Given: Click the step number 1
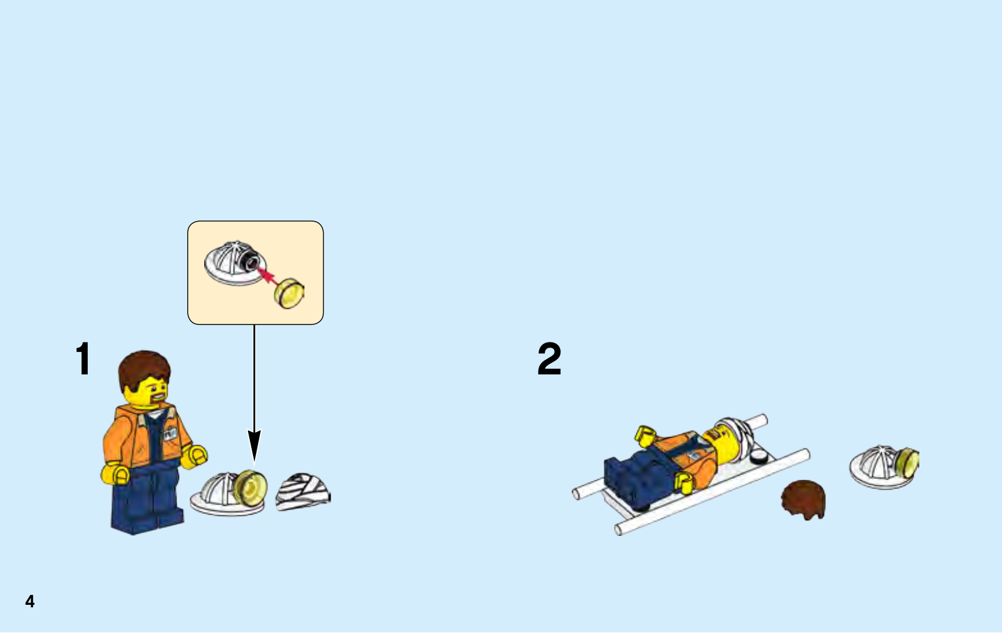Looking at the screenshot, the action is coord(84,358).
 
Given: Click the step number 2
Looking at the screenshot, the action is coord(549,358).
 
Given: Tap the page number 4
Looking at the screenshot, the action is coord(30,601).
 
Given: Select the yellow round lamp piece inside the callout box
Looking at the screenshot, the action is coord(289,294).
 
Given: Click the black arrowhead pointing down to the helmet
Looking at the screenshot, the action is coord(254,446).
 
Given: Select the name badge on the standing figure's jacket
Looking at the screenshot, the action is coord(170,433).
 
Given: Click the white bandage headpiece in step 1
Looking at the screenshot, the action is coord(303,491).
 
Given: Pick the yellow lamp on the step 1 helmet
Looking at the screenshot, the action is coord(250,488).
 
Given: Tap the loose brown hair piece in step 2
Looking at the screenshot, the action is coord(803,500).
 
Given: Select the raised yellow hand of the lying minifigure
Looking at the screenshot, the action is coord(645,436).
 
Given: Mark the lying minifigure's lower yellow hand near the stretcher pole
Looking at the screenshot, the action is coord(684,484).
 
